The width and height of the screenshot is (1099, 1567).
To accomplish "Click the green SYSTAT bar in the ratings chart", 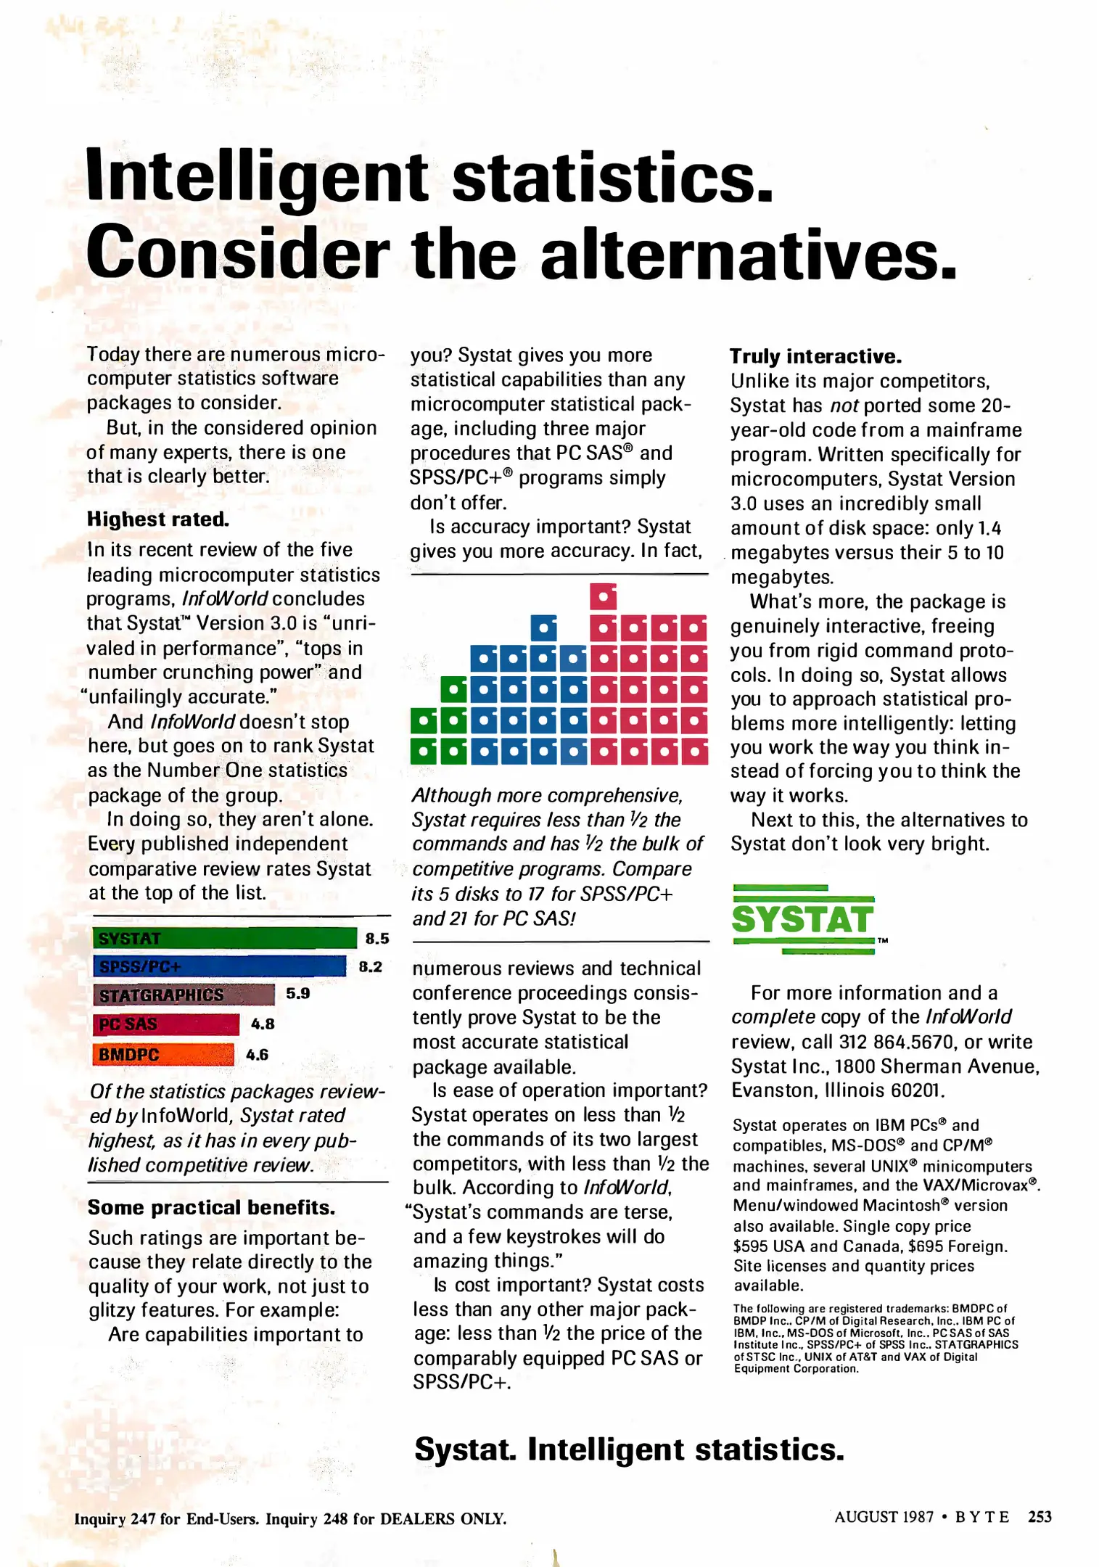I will point(225,938).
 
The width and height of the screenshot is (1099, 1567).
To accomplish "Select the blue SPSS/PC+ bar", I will point(219,966).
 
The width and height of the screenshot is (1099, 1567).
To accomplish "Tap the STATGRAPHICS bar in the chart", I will point(184,995).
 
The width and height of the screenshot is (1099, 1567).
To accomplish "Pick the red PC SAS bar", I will point(165,1024).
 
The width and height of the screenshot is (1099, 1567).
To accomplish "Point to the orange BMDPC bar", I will point(163,1054).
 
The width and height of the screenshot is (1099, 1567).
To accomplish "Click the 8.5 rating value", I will point(377,939).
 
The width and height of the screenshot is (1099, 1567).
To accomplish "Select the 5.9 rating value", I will point(297,994).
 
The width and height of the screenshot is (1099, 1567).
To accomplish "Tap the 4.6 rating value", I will point(257,1055).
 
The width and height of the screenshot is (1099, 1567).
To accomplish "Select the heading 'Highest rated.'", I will point(158,519).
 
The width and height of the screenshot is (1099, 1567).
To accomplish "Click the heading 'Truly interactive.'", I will point(815,356).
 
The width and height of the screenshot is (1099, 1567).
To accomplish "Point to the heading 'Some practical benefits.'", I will point(211,1207).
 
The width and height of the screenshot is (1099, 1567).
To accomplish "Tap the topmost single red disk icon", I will point(603,596).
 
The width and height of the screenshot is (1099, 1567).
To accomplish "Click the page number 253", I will point(1040,1517).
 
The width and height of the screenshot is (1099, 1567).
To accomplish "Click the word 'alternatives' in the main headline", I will point(748,255).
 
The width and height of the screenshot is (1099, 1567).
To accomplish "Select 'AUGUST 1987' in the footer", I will point(884,1517).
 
